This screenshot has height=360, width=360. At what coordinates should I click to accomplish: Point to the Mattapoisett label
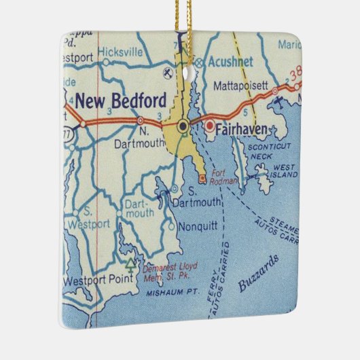(x=242, y=87)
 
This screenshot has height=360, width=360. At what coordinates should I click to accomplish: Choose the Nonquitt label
(x=196, y=228)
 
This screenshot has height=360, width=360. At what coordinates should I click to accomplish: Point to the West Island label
(x=285, y=170)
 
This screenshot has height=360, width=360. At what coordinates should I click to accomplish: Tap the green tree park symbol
(x=130, y=262)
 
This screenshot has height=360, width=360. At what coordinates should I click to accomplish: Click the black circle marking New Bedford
(x=183, y=126)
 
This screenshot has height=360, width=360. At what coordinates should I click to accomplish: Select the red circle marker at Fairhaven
(x=211, y=126)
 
